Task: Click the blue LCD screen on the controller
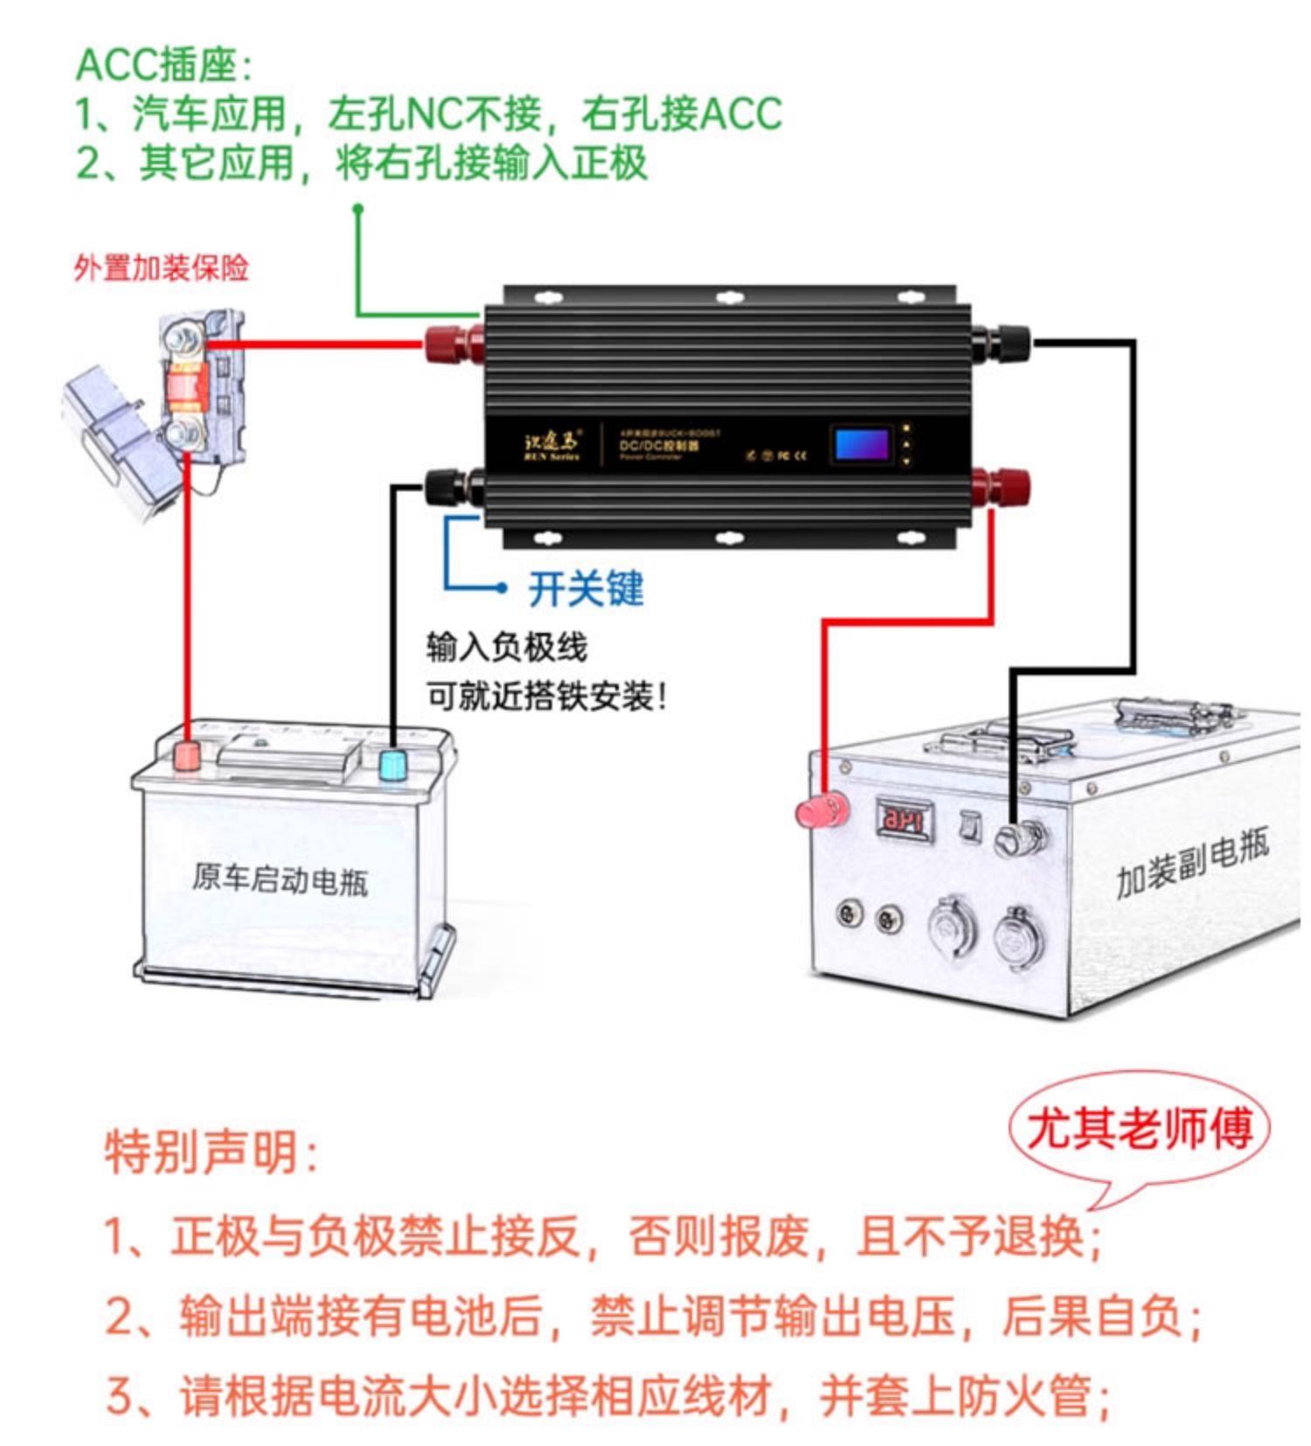point(862,444)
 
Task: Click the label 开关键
point(586,588)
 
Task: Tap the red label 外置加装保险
point(161,268)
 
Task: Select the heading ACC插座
point(164,65)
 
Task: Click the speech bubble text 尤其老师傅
point(1139,1129)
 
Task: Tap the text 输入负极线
point(507,648)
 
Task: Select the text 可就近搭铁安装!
point(546,697)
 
